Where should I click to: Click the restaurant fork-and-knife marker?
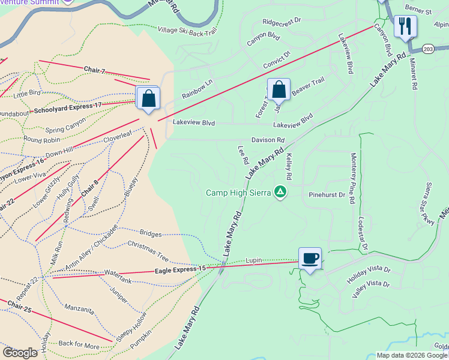[406, 26]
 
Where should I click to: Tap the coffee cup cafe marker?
[310, 259]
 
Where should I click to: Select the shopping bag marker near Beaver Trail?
[279, 90]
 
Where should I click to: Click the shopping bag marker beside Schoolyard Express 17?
[148, 98]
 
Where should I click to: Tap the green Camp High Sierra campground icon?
[279, 192]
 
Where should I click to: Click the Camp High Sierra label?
[238, 193]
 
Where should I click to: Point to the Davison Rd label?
[268, 140]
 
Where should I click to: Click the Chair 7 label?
[94, 70]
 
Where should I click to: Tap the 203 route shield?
[427, 48]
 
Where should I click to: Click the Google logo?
[20, 352]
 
